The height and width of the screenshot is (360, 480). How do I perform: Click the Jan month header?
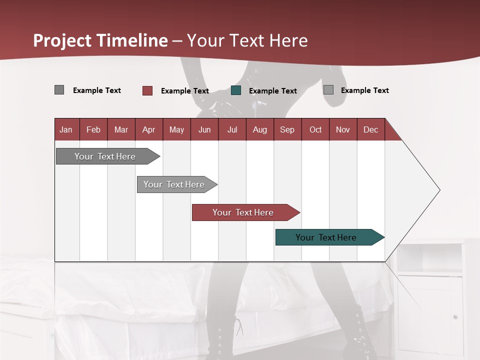[66, 129]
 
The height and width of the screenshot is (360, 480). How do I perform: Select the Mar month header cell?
[121, 129]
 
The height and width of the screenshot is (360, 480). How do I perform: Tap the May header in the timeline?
[176, 129]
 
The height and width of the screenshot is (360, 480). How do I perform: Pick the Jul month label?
[232, 129]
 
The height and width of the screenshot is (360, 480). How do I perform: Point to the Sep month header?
[287, 129]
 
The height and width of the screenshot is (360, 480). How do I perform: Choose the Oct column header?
[315, 129]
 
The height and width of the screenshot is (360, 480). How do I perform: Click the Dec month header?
[370, 129]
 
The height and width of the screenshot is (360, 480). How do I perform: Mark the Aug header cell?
[259, 129]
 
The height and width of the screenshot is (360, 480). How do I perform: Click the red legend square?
[147, 90]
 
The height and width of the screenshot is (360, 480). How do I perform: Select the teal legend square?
[236, 90]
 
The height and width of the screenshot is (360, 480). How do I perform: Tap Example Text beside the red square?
[185, 91]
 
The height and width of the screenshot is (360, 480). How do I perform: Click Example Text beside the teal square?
[273, 91]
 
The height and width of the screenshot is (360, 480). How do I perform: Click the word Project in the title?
[62, 40]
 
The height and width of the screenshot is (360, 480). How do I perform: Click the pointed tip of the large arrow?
[438, 190]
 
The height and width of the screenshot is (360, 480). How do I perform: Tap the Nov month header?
[343, 129]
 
